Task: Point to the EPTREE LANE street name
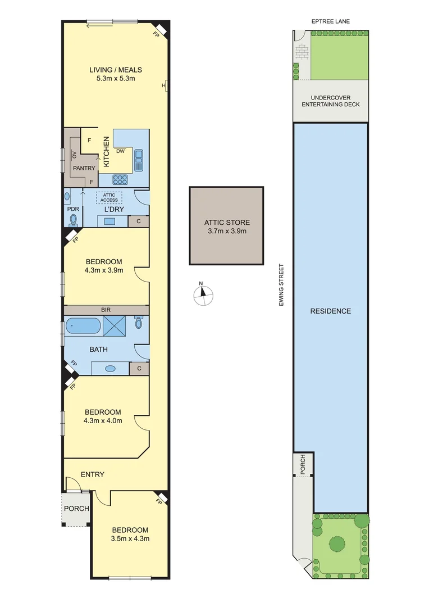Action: coord(331,21)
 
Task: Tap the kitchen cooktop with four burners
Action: coord(120,180)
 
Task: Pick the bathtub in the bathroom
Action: coord(83,326)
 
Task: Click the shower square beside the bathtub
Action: coord(115,326)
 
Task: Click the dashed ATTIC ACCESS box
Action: coord(109,197)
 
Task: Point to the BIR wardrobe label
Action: coord(106,310)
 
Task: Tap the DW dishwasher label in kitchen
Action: coord(120,151)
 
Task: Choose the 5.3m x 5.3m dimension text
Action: coord(116,79)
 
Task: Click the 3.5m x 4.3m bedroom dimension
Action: coord(130,538)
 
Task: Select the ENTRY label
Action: coord(93,474)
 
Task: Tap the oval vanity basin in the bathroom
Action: coord(110,369)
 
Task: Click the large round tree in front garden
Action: coord(337,543)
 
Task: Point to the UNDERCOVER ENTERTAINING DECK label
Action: coord(331,101)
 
